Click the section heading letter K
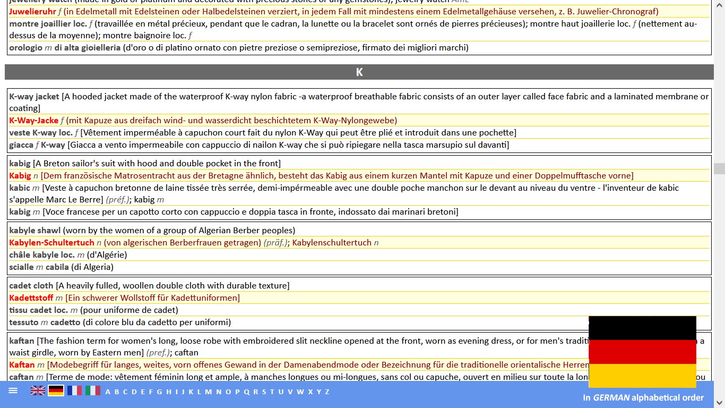click(x=359, y=72)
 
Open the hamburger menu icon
click(x=13, y=390)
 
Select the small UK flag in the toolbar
click(x=38, y=391)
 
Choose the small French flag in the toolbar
click(x=74, y=391)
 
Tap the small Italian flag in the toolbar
click(x=93, y=391)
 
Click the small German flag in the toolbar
click(x=56, y=391)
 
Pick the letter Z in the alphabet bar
click(x=327, y=392)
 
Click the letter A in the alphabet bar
click(x=108, y=392)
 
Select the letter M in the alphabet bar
click(x=208, y=392)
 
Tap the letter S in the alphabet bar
click(x=264, y=392)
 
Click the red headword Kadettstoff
click(x=31, y=298)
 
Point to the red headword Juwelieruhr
click(x=32, y=12)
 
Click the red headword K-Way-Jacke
click(x=33, y=121)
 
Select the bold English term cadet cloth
click(x=31, y=286)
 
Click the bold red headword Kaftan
click(x=22, y=365)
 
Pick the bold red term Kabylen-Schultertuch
click(x=51, y=243)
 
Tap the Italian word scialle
click(x=21, y=267)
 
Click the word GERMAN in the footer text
click(x=611, y=397)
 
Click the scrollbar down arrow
click(x=719, y=403)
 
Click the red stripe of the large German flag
click(x=642, y=352)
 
